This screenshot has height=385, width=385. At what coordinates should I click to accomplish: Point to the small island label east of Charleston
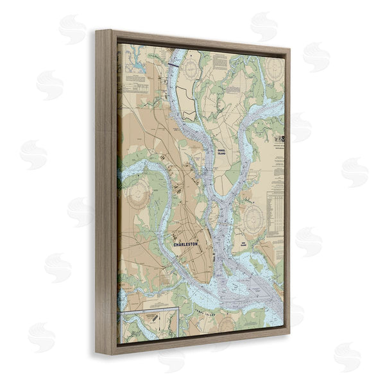[244, 244]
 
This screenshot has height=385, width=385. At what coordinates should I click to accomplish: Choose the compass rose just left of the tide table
[251, 214]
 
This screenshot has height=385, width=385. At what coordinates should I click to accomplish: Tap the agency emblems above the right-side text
[278, 137]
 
